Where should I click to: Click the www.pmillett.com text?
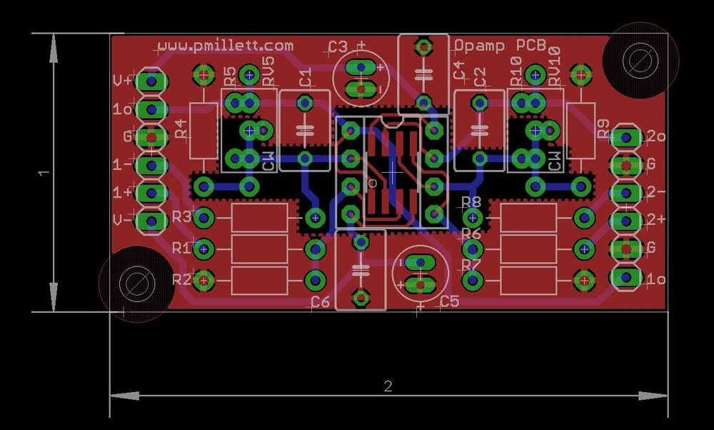pos(226,45)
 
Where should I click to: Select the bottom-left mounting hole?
pos(134,284)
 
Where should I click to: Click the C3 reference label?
pos(338,48)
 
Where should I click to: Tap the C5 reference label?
pos(449,301)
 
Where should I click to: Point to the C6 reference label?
pos(321,302)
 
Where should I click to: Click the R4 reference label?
pos(181,129)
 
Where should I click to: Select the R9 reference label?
pos(603,129)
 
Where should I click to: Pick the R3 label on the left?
pos(182,216)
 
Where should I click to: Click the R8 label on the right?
pos(471,202)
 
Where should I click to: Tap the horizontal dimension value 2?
pos(388,386)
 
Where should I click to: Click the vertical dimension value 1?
pos(44,173)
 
